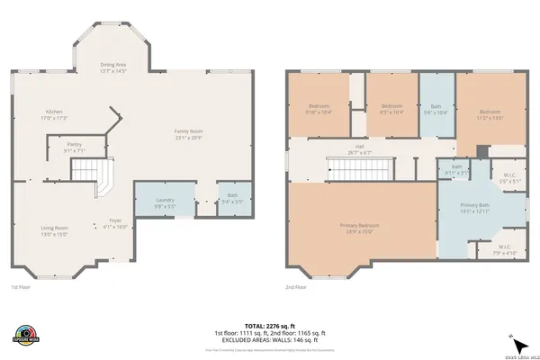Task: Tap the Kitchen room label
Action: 56,114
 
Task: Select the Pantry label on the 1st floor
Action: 76,147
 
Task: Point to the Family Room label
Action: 189,135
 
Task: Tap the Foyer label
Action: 115,222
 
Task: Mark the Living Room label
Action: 55,230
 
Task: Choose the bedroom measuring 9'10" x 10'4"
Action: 319,109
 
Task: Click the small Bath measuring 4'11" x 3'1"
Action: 456,168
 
